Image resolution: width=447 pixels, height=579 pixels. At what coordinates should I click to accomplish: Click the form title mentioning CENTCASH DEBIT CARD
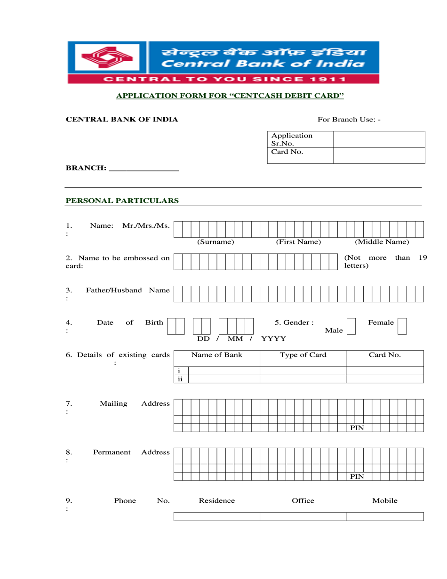tap(230, 96)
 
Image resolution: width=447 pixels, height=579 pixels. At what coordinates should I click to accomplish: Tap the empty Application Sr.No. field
tap(379, 139)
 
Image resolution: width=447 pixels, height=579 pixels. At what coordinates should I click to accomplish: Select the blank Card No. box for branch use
tap(379, 155)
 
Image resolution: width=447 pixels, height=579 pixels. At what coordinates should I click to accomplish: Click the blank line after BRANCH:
tap(144, 168)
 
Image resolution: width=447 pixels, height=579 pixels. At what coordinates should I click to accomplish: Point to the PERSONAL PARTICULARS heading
tap(122, 201)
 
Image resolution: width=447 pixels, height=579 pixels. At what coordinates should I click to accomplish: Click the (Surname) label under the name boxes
tap(216, 242)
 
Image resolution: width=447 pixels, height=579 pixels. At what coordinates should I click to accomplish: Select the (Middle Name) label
tap(382, 242)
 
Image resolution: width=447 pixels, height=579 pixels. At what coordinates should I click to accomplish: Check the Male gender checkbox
tap(351, 326)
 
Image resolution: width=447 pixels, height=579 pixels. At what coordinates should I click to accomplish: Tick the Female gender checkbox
tap(402, 326)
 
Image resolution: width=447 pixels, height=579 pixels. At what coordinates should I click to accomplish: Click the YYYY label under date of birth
tap(273, 339)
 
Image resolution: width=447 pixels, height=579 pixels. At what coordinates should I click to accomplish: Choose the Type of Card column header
tap(303, 355)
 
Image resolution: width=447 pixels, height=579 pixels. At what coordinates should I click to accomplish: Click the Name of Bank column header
tap(216, 355)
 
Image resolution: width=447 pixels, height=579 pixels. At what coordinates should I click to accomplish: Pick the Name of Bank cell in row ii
tap(224, 379)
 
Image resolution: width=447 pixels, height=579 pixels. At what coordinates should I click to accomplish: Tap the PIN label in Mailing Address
tap(357, 428)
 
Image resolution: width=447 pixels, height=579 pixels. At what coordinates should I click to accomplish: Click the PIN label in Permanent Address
tap(357, 476)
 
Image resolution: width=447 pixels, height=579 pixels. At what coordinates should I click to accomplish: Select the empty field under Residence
tap(216, 516)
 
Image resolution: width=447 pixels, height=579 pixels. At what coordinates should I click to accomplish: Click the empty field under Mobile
tap(384, 516)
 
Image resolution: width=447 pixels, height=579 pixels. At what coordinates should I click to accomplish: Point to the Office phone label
tap(303, 501)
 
